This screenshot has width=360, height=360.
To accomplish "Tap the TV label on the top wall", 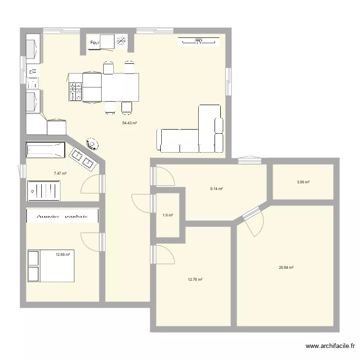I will pos(199,43).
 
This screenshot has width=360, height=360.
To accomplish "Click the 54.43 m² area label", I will pos(130,123).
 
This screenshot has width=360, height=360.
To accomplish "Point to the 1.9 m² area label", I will pos(168,215).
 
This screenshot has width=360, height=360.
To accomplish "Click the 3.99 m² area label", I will pos(303,182).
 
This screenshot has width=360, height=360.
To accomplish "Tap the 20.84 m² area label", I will pos(286,268).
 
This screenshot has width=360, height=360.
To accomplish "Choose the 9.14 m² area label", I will pos(216,189).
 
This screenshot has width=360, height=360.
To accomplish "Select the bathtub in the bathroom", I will pos(45,150).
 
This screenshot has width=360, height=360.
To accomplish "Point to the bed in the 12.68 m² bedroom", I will pos(51,265).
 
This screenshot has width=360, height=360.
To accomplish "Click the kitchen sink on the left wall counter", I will pos(33,77).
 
